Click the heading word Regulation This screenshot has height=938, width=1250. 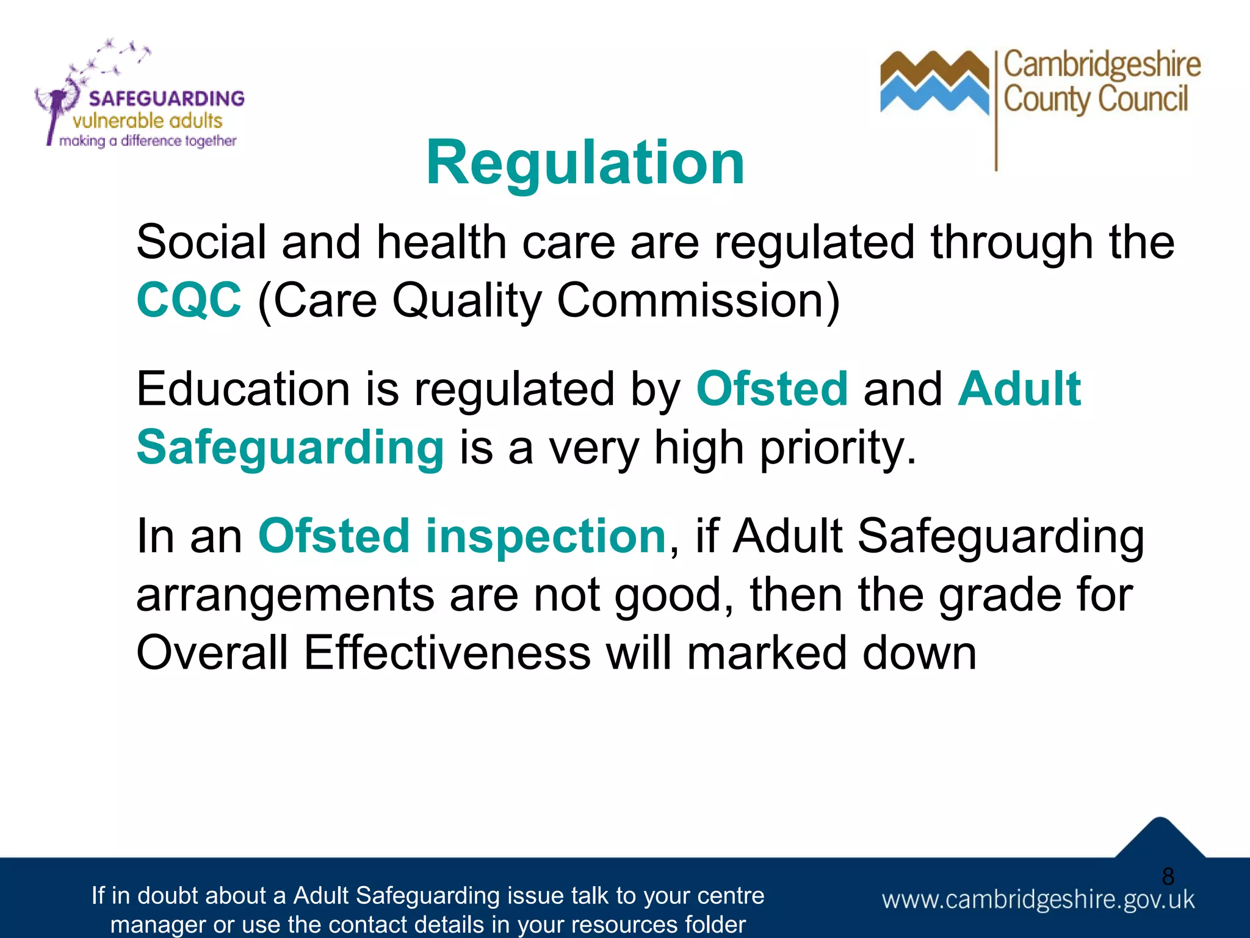click(x=585, y=162)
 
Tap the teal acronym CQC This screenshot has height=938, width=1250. click(x=189, y=300)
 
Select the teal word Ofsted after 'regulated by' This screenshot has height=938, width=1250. click(x=771, y=388)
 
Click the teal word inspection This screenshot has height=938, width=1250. click(x=545, y=536)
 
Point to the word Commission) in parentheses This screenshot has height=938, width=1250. click(x=698, y=300)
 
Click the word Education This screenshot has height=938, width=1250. click(x=243, y=388)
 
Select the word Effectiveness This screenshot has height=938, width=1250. click(x=447, y=652)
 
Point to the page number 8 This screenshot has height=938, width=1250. click(x=1168, y=876)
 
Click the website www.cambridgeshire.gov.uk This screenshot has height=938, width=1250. click(x=1038, y=900)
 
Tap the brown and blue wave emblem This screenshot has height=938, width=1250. click(x=934, y=82)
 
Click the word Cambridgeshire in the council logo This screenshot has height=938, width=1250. click(x=1102, y=65)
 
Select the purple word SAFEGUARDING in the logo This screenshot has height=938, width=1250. click(x=166, y=98)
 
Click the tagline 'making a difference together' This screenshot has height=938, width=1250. click(x=147, y=141)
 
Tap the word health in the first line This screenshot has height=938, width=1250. click(x=441, y=242)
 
